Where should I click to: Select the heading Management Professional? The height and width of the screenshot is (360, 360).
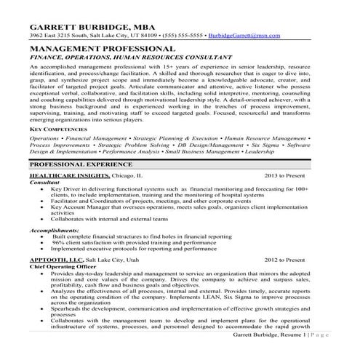pos(103,48)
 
